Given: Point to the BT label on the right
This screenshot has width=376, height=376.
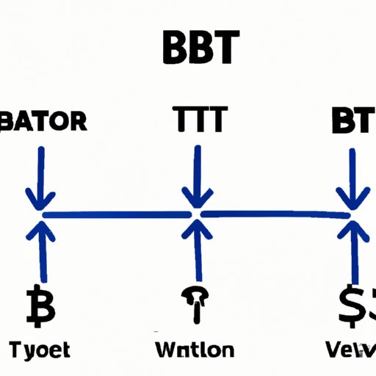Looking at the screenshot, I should tap(352, 120).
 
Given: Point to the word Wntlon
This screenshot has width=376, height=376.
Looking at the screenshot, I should tap(195, 349).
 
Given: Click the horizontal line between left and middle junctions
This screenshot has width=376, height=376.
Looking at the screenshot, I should tap(117, 214).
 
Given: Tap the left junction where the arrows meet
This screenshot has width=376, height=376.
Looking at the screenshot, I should tap(40, 214).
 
